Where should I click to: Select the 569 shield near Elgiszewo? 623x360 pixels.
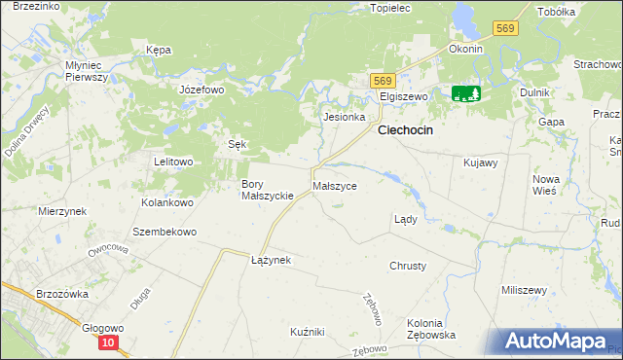coord(383,81)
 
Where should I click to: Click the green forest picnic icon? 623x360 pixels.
coord(466,93)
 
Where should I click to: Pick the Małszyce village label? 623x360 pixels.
coord(334,185)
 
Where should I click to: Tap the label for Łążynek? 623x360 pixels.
coord(271,261)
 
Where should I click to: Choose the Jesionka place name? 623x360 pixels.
coord(344,117)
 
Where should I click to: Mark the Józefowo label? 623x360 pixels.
coord(202,90)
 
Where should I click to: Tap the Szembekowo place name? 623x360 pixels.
coord(165,233)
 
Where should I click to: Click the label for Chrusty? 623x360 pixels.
coord(407,266)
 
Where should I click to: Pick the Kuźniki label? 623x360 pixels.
coord(307,332)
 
